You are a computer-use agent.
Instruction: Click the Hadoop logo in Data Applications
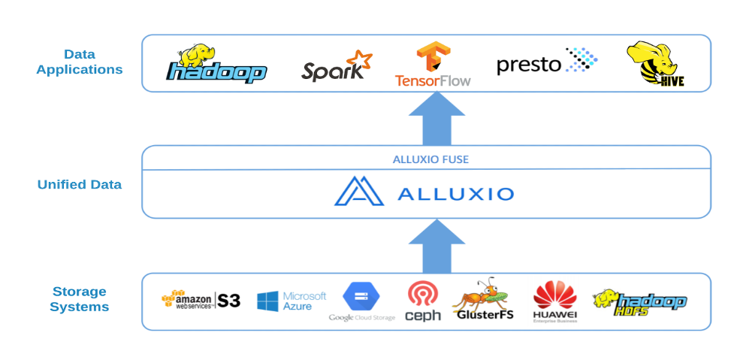coord(216,65)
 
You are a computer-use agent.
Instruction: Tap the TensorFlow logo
coord(433,65)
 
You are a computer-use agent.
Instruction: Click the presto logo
coord(546,63)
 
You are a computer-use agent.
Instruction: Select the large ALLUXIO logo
coord(424,193)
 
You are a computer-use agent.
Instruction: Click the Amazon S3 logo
coord(201,301)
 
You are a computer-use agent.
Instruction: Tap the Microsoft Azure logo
coord(291,301)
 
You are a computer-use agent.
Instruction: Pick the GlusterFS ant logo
coord(483,301)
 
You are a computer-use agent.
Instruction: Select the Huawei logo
coord(554,301)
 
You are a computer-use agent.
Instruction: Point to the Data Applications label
coord(79,62)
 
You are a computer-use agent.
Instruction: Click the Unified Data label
coord(79,185)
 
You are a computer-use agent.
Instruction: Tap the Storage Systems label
coord(79,299)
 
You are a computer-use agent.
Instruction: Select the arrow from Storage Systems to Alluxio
coord(436,247)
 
